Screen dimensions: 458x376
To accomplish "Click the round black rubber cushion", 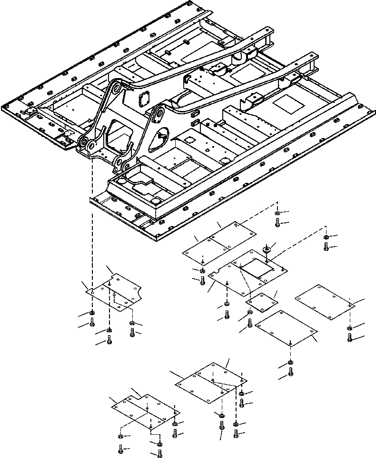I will pyautogui.click(x=267, y=249).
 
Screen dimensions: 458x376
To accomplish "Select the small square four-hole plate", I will pyautogui.click(x=261, y=302).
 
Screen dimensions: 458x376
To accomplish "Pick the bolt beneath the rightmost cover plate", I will pyautogui.click(x=350, y=338).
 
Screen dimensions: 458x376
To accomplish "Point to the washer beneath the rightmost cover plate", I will pyautogui.click(x=350, y=328).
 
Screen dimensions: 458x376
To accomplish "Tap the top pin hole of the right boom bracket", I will pyautogui.click(x=159, y=112).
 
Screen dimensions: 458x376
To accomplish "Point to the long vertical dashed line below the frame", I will pyautogui.click(x=92, y=224).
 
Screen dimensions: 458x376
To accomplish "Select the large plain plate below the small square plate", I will pyautogui.click(x=286, y=328).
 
